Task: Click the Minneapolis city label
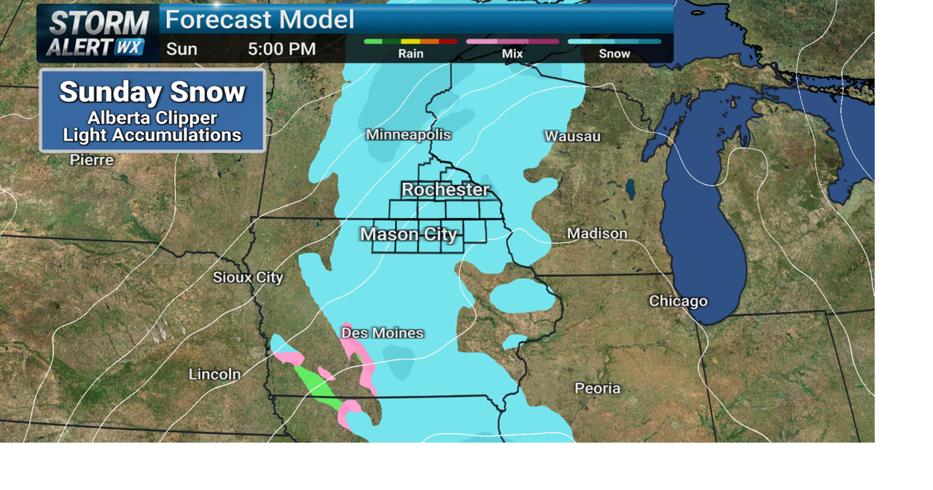click(408, 135)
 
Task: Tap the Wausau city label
click(572, 136)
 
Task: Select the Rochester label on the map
click(445, 190)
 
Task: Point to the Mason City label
click(409, 234)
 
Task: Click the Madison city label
click(597, 233)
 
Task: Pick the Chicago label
click(678, 301)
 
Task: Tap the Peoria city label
click(597, 388)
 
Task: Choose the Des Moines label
click(383, 333)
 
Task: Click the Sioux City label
click(248, 277)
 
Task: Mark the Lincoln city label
click(214, 374)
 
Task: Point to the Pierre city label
click(92, 160)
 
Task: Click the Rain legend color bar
click(410, 42)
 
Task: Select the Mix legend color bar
click(512, 42)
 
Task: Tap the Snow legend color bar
click(614, 42)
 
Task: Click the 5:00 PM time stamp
click(281, 50)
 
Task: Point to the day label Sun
click(181, 50)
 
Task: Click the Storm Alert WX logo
click(98, 34)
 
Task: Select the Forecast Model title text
click(259, 20)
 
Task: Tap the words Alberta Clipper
click(152, 118)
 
